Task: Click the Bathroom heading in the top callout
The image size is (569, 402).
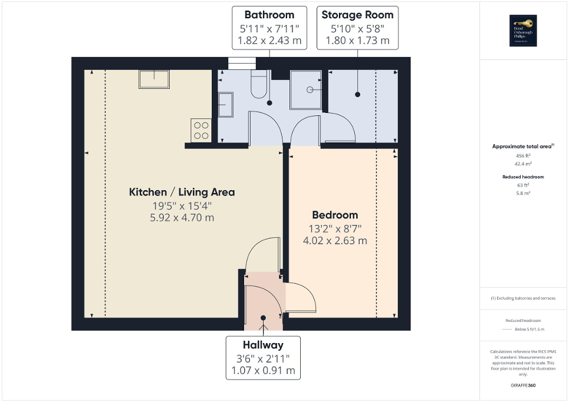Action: pyautogui.click(x=269, y=15)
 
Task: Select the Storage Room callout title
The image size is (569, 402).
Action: pyautogui.click(x=357, y=15)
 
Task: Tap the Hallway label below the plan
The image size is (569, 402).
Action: pyautogui.click(x=263, y=345)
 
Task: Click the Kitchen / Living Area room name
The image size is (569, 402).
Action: pyautogui.click(x=182, y=192)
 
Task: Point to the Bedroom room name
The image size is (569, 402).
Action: pyautogui.click(x=335, y=215)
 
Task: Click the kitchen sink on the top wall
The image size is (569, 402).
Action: pyautogui.click(x=154, y=79)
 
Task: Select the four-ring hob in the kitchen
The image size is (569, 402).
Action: pyautogui.click(x=200, y=129)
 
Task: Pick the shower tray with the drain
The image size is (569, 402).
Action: pyautogui.click(x=306, y=89)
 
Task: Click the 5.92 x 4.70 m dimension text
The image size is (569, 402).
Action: pyautogui.click(x=182, y=217)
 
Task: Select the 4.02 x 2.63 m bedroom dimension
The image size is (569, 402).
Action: pyautogui.click(x=335, y=240)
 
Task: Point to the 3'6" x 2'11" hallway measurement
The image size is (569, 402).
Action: pyautogui.click(x=263, y=358)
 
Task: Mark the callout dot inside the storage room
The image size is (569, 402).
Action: pyautogui.click(x=357, y=94)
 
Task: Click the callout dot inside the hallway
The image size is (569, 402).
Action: pyautogui.click(x=263, y=317)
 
